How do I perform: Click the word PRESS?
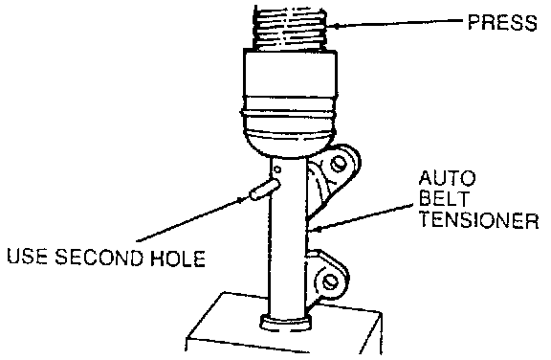click(502, 23)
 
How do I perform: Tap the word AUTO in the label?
click(447, 179)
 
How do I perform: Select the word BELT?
click(444, 198)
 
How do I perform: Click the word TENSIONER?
click(479, 220)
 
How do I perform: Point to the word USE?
click(27, 257)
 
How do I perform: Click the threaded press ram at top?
click(290, 29)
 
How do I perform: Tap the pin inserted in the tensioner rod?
click(264, 190)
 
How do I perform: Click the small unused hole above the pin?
click(277, 169)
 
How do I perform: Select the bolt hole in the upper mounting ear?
click(339, 164)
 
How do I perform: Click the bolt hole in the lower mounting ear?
click(330, 281)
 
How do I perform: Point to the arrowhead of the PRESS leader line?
click(336, 26)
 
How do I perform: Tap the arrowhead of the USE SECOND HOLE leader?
click(242, 199)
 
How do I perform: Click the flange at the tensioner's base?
click(286, 323)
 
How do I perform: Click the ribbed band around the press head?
click(290, 112)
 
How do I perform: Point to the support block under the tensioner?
click(285, 326)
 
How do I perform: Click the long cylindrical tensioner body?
click(287, 239)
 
